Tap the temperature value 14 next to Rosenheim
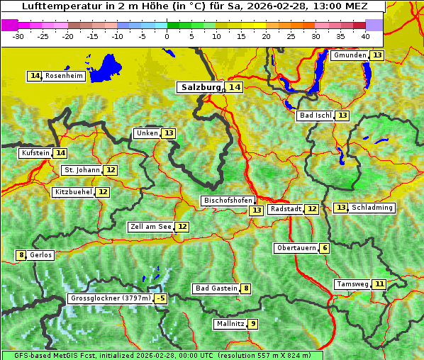(35, 76)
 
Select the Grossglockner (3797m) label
(111, 298)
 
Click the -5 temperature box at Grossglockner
(161, 298)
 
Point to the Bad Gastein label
(216, 288)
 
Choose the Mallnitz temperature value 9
(253, 324)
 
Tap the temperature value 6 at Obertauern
(324, 248)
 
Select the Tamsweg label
(352, 284)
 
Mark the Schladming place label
(372, 208)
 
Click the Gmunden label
(350, 55)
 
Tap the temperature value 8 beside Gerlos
(21, 255)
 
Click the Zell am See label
(151, 227)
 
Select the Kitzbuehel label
(74, 192)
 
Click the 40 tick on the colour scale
(365, 35)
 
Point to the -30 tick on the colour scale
(18, 35)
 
